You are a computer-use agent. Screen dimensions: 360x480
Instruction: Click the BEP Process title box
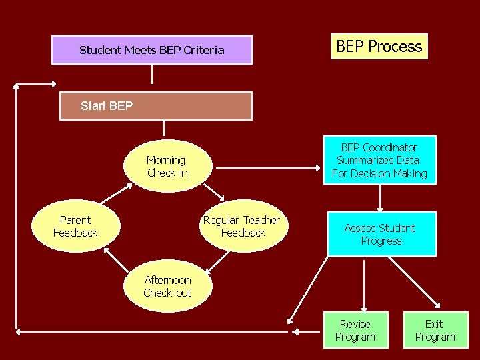(x=379, y=47)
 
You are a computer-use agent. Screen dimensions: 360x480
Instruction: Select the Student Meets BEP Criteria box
(x=152, y=50)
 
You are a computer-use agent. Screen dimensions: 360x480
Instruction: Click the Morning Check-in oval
(x=167, y=167)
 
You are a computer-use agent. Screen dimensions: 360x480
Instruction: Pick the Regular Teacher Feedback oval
(x=243, y=227)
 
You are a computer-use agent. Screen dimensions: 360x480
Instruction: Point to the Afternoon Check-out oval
(x=167, y=287)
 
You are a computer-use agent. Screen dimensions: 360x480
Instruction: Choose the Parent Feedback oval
(x=75, y=227)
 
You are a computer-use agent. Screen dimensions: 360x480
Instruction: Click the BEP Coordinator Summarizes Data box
(x=379, y=161)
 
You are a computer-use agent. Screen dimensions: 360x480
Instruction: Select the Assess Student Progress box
(x=381, y=234)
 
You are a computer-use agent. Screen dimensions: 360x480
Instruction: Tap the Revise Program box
(x=355, y=330)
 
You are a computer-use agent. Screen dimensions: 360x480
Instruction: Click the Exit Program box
(x=435, y=330)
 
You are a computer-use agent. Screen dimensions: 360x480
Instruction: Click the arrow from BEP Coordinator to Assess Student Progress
(x=380, y=197)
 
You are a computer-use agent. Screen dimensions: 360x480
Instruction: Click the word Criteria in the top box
(x=203, y=50)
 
